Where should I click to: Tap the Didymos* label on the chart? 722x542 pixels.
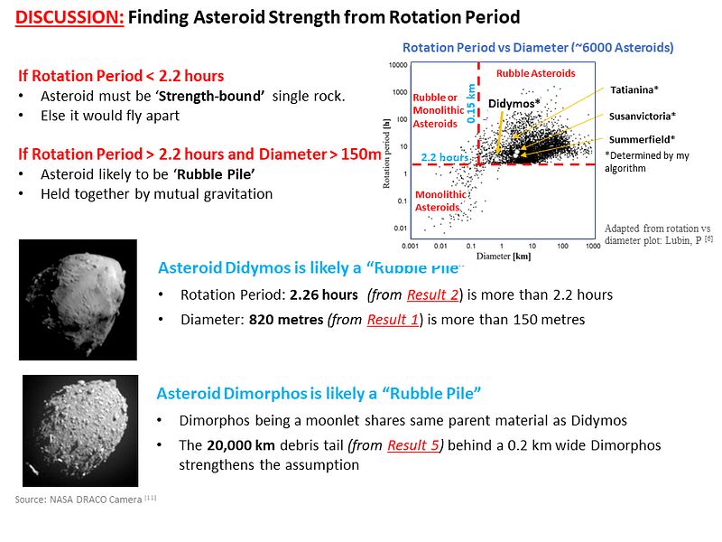tap(514, 104)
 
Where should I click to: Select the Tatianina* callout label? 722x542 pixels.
tap(634, 90)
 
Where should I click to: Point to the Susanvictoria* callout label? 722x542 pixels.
tap(643, 117)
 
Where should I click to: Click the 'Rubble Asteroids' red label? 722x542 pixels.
tap(535, 73)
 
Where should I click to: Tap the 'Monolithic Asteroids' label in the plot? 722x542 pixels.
tap(441, 201)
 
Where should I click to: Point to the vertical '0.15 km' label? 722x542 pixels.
tap(470, 104)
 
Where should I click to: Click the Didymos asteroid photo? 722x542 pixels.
tap(78, 299)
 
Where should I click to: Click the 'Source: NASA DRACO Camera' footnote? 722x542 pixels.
tap(87, 499)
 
